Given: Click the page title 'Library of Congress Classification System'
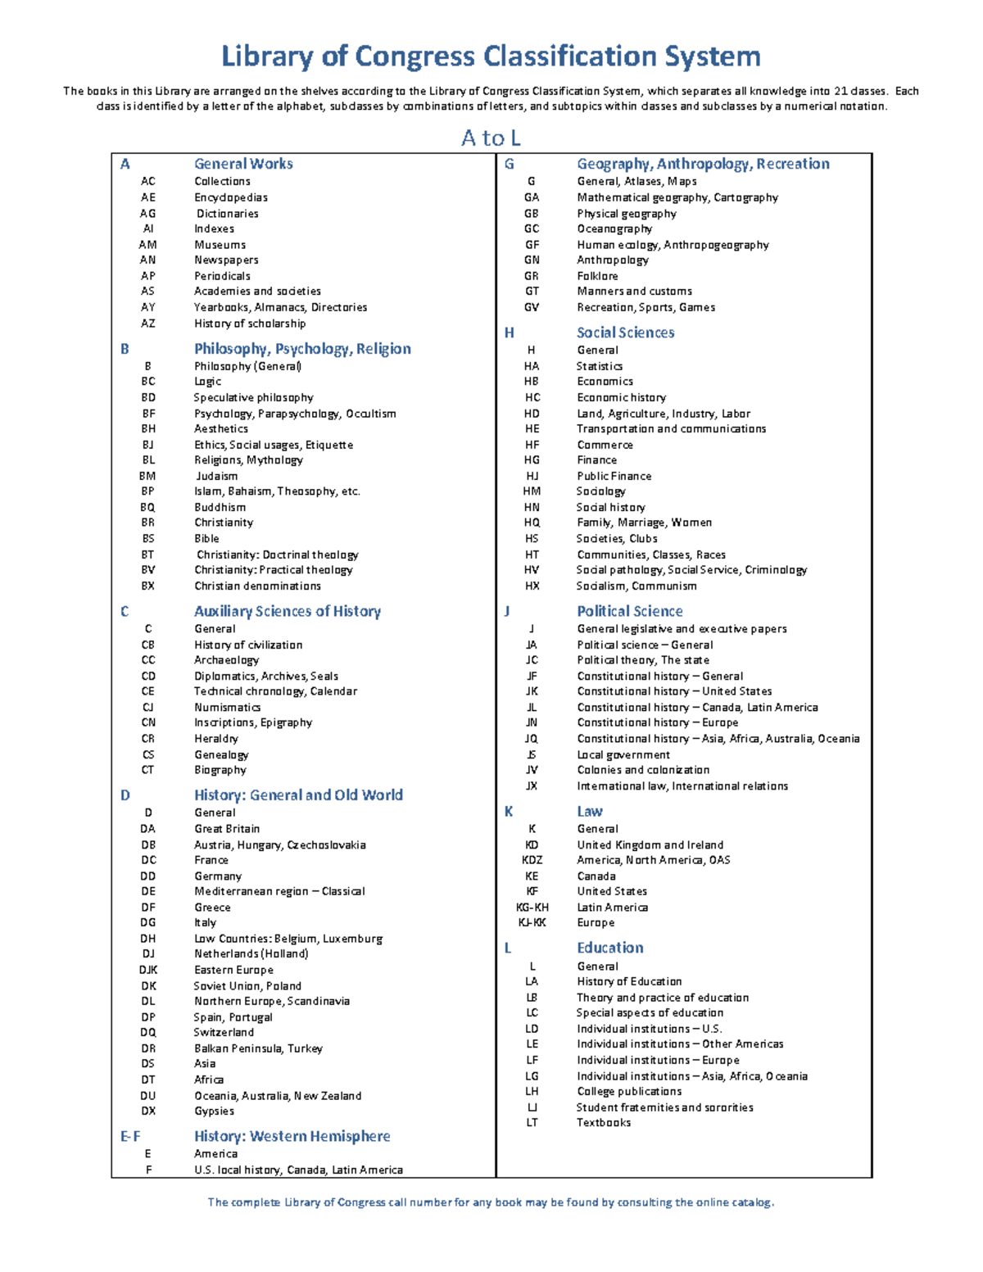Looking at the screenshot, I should point(491,57).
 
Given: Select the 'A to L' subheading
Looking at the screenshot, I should point(491,138).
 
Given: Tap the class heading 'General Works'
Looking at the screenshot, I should point(243,164).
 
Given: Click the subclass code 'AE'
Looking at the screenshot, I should point(147,197).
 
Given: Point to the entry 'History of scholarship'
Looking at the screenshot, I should point(250,324).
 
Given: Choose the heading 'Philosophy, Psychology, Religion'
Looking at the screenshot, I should point(302,349).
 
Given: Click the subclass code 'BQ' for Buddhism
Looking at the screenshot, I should point(147,507).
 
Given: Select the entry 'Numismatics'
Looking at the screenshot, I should point(227,707).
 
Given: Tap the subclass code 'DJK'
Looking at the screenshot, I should point(148,970).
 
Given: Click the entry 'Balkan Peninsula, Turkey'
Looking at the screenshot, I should point(258,1048).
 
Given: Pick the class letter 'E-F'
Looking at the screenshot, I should point(130,1136).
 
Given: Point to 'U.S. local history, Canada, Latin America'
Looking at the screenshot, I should point(298,1170).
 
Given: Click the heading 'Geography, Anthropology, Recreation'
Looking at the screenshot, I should point(703,164).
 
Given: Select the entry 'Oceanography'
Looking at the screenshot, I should point(614,229).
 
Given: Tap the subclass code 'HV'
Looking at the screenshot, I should point(532,570).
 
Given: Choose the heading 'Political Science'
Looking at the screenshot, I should point(629,611).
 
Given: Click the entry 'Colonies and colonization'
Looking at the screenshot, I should point(643,770).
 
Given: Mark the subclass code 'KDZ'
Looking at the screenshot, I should point(532,860).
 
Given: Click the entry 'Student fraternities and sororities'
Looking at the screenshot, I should point(664,1107).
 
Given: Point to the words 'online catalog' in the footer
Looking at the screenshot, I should point(734,1202).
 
